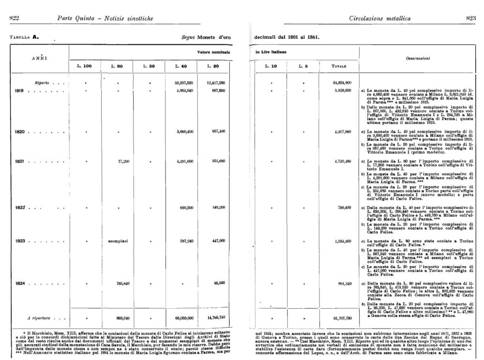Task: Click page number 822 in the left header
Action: pos(14,18)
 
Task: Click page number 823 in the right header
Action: pos(470,18)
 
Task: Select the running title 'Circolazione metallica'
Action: pos(379,18)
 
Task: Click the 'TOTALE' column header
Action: pos(338,66)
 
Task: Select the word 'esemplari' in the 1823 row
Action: pos(118,240)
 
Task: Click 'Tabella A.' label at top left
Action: pos(24,37)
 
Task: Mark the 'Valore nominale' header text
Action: pos(213,52)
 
